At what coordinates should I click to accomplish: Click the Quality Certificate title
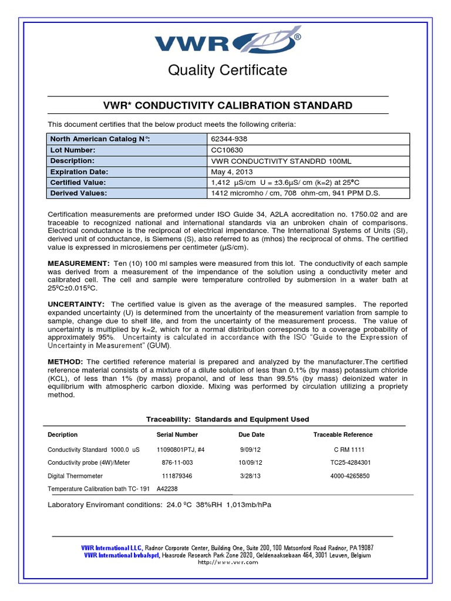[228, 70]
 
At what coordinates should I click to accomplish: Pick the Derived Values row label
[79, 193]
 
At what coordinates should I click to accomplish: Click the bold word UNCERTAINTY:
[76, 304]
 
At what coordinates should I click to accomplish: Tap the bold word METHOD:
[65, 362]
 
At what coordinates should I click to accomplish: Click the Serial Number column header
[177, 435]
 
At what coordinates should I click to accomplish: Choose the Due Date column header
[251, 435]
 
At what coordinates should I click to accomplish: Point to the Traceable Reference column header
[343, 435]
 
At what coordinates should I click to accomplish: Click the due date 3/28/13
[250, 476]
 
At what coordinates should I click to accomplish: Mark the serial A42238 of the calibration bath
[167, 488]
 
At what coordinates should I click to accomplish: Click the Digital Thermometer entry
[75, 476]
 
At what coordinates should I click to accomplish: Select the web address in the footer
[228, 562]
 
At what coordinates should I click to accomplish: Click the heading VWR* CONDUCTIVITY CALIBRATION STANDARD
[228, 106]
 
